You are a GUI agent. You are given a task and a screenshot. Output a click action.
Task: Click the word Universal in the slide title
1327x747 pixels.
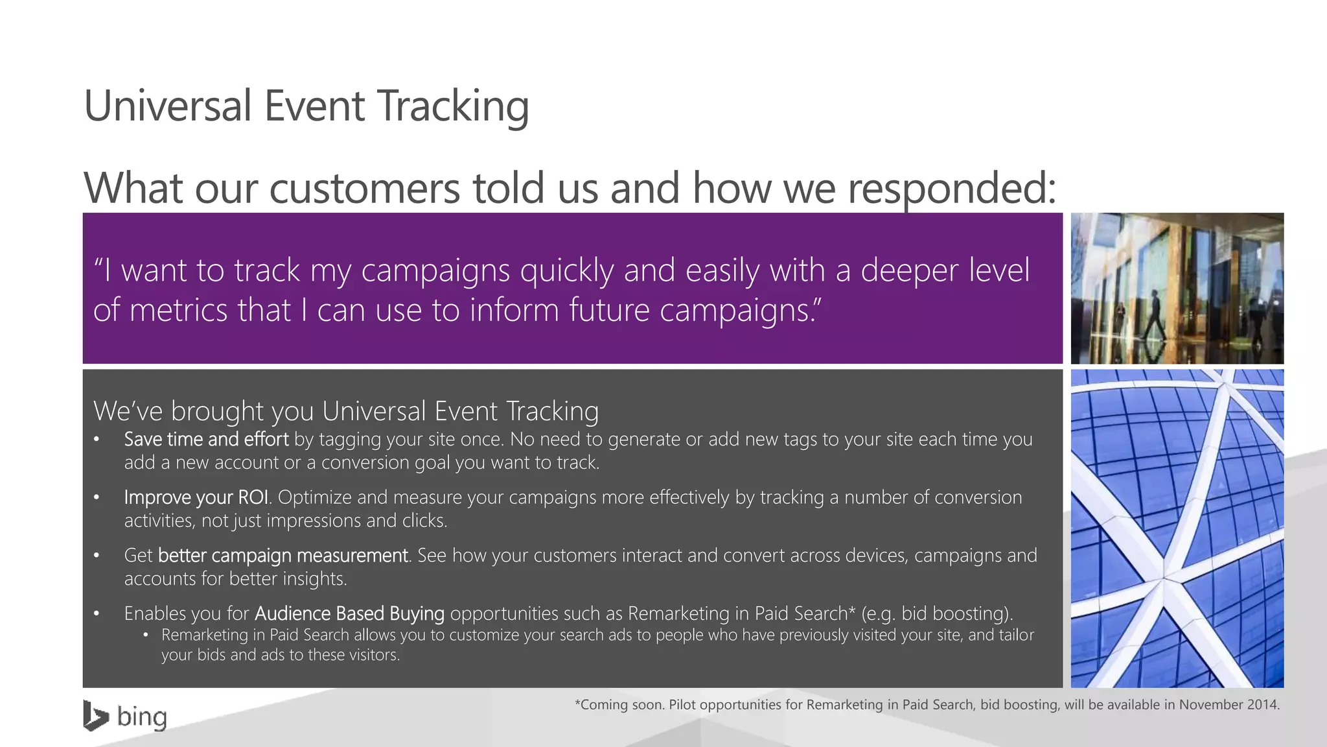[167, 106]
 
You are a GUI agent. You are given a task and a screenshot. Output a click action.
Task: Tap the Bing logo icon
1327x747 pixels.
[95, 716]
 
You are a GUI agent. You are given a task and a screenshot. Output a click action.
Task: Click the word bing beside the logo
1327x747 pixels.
[142, 717]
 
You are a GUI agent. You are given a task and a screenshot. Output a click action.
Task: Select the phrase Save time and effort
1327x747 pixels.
[206, 440]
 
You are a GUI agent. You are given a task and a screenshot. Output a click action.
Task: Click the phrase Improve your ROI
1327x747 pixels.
[196, 497]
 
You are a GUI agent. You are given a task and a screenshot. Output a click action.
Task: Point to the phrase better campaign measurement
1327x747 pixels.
[283, 556]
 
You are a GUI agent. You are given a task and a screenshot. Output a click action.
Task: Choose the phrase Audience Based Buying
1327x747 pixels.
[349, 613]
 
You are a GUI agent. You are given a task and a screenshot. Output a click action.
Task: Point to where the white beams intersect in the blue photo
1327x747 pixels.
[1164, 576]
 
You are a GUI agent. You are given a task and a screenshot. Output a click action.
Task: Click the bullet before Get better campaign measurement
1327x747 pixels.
[97, 556]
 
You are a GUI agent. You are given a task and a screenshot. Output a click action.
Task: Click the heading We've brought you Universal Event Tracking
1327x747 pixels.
[345, 411]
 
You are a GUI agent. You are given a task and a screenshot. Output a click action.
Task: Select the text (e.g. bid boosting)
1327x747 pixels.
[936, 613]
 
